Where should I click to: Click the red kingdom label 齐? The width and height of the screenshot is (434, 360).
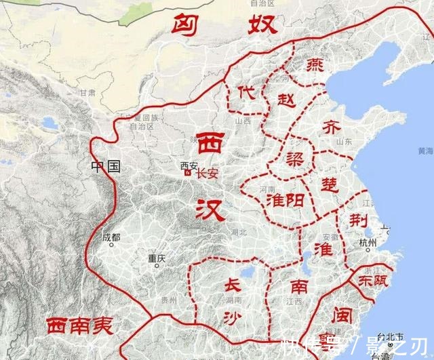click(332, 127)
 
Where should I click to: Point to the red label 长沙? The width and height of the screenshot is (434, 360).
click(232, 302)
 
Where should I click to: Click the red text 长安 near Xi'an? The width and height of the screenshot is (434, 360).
click(207, 174)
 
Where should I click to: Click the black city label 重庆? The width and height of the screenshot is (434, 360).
click(157, 258)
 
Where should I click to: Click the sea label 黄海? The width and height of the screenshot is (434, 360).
click(425, 151)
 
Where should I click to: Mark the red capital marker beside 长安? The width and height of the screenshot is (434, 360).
click(188, 174)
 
